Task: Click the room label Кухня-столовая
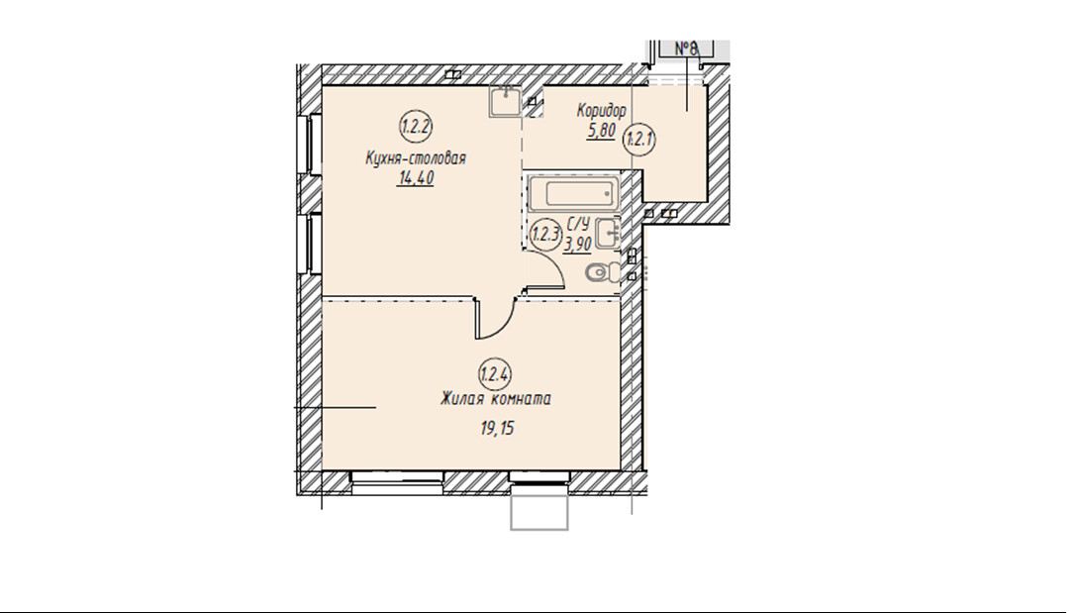tap(416, 158)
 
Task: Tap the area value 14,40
tap(416, 178)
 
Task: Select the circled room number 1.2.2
tap(416, 127)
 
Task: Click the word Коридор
tap(602, 111)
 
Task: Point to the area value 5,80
tap(601, 131)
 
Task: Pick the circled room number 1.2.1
tap(638, 140)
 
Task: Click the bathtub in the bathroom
tap(573, 192)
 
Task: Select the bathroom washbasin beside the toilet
tap(608, 232)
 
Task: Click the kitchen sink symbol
tap(506, 102)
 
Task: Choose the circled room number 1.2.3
tap(546, 235)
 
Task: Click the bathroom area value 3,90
tap(578, 244)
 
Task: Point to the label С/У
tap(578, 224)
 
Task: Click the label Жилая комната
tap(495, 399)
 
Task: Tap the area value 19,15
tap(497, 429)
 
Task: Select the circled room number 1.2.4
tap(495, 374)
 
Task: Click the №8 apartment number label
tap(686, 49)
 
